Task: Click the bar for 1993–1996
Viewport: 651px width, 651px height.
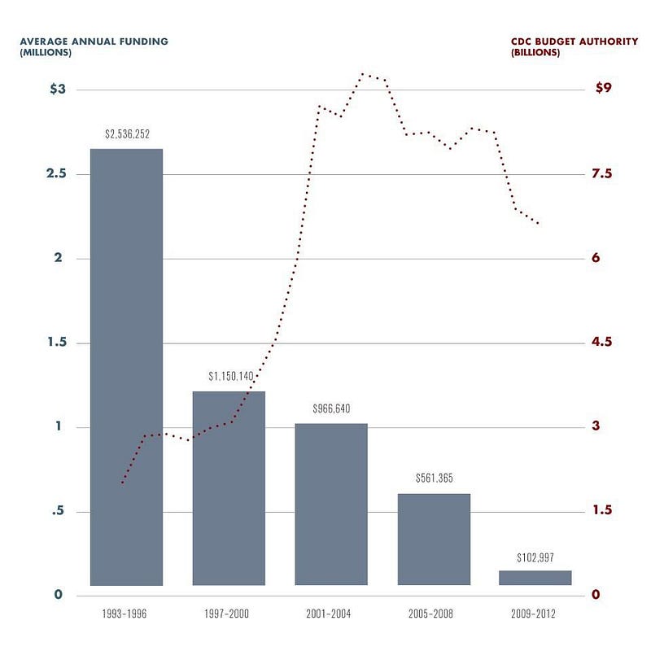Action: tap(126, 366)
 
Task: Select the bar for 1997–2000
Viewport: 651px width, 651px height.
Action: tap(229, 488)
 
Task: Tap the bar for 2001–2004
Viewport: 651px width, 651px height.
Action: tap(331, 505)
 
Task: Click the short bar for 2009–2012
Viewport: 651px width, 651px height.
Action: tap(535, 578)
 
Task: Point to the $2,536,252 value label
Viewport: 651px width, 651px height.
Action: tap(127, 133)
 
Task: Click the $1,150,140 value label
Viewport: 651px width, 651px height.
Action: tap(230, 376)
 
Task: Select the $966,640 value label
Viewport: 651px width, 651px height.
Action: tap(332, 409)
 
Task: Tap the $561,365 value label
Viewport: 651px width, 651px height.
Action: tap(434, 478)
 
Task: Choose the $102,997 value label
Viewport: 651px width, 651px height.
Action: tap(536, 557)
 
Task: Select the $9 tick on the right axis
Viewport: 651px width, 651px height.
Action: tap(604, 89)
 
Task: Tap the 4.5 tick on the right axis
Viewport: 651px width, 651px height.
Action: tap(604, 342)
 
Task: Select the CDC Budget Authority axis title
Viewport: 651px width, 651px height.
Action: tap(574, 46)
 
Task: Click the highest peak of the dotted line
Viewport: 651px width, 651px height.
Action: tap(363, 74)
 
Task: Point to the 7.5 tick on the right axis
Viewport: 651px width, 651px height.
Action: tap(604, 174)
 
